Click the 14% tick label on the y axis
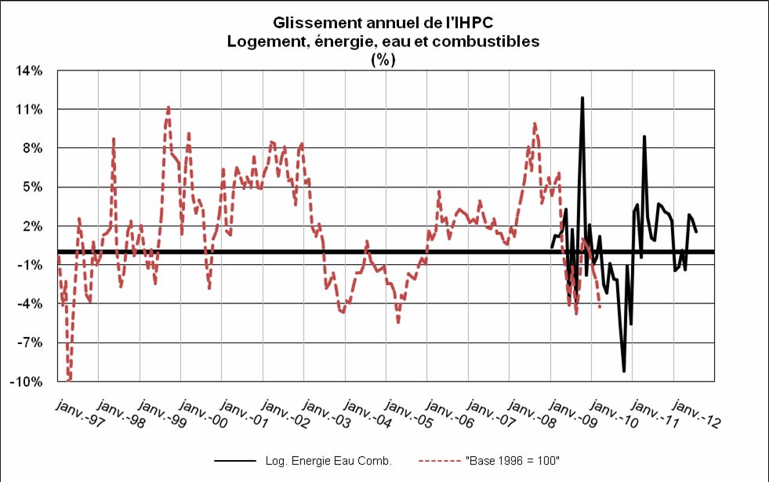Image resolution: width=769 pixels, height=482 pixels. coord(31,71)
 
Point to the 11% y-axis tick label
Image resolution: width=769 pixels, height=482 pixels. coord(31,109)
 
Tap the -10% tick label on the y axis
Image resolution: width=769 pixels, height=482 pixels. coord(30,382)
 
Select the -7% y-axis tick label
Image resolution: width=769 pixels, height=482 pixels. coord(31,342)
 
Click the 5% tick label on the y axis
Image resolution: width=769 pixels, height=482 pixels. coord(34,187)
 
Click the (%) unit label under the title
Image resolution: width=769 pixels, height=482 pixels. coord(383,59)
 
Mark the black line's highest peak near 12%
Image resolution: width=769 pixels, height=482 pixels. coord(582,98)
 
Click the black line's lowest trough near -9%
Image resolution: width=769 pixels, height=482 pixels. coord(624,371)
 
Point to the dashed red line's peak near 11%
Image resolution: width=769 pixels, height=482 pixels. coord(168,107)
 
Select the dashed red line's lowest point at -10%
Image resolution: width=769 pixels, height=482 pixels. coord(69,380)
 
